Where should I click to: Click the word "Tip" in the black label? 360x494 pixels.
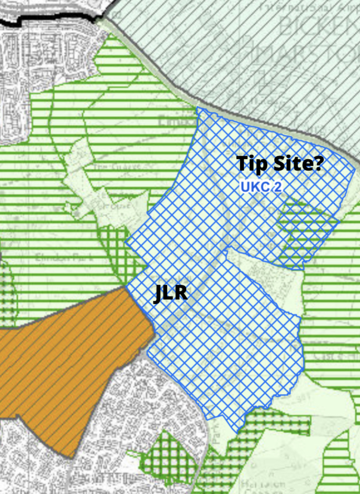(x=253, y=164)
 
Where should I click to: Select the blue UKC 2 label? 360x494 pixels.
(x=261, y=186)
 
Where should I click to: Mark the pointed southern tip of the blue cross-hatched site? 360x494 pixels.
(x=237, y=431)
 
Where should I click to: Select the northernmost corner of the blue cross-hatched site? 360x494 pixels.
(x=197, y=108)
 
